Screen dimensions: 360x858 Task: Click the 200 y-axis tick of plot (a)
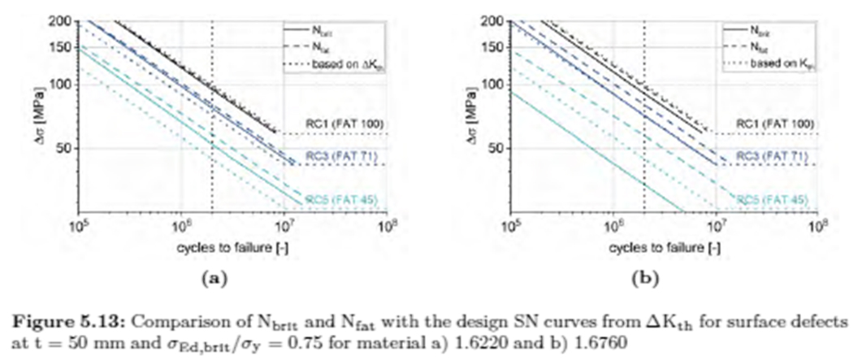click(64, 21)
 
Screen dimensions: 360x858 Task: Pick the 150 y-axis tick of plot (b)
click(496, 47)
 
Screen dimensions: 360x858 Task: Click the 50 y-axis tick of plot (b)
click(500, 148)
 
